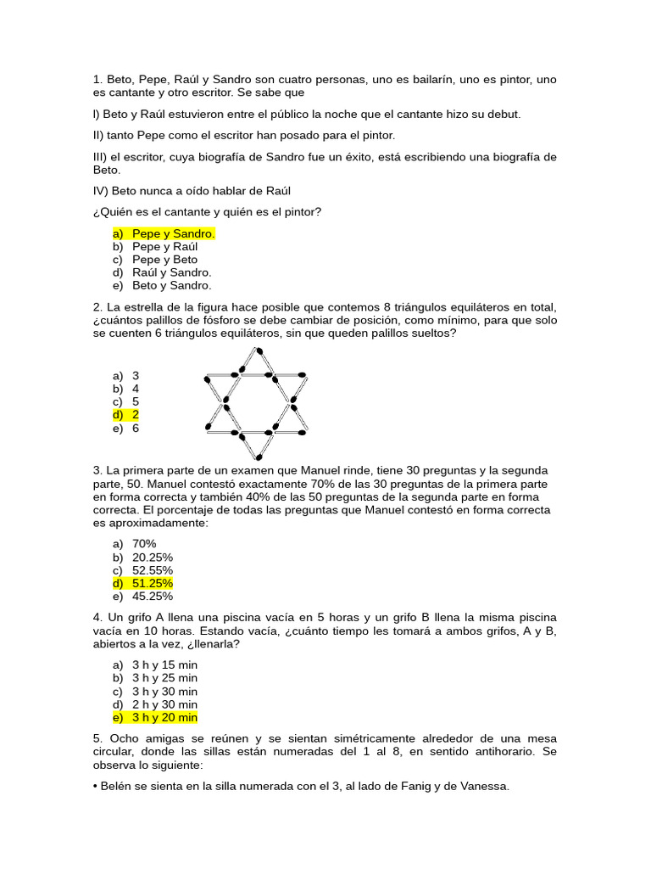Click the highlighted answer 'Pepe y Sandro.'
point(173,233)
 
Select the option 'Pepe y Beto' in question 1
point(164,260)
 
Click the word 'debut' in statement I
point(500,114)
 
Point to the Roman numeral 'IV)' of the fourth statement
point(103,191)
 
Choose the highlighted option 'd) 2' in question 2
point(125,415)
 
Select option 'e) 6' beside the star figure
point(125,429)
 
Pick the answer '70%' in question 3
point(144,544)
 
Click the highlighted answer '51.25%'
point(153,584)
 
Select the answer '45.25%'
point(153,597)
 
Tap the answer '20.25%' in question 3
point(153,557)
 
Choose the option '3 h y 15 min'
point(164,664)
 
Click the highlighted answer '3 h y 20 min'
point(164,718)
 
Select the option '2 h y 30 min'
point(164,704)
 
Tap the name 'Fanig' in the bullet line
point(396,787)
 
